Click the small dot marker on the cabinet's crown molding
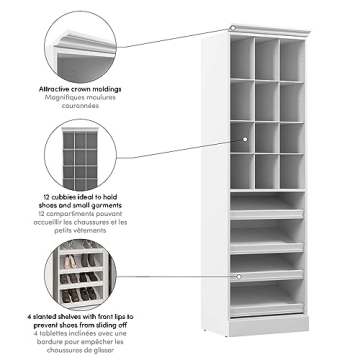click(232, 27)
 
